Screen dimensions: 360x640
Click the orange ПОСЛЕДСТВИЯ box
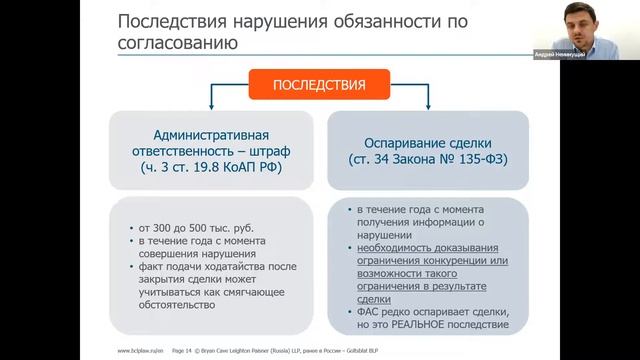(x=320, y=85)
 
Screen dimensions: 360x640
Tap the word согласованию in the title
(x=178, y=44)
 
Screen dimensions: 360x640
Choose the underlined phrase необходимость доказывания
(x=420, y=248)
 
